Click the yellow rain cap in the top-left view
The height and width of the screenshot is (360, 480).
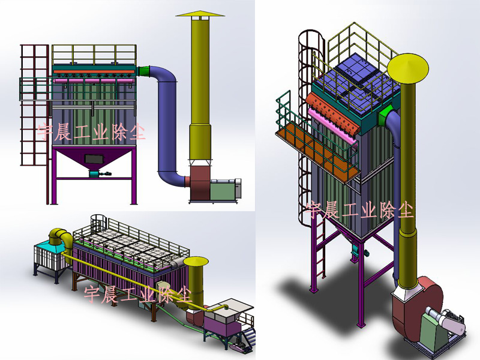pos(200,13)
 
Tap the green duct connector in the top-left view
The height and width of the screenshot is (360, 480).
pos(143,71)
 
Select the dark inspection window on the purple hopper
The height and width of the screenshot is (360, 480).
pos(94,158)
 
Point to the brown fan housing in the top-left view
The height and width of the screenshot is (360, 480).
pos(200,183)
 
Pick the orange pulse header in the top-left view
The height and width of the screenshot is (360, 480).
pos(94,71)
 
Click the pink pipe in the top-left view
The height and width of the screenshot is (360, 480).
pos(94,81)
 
